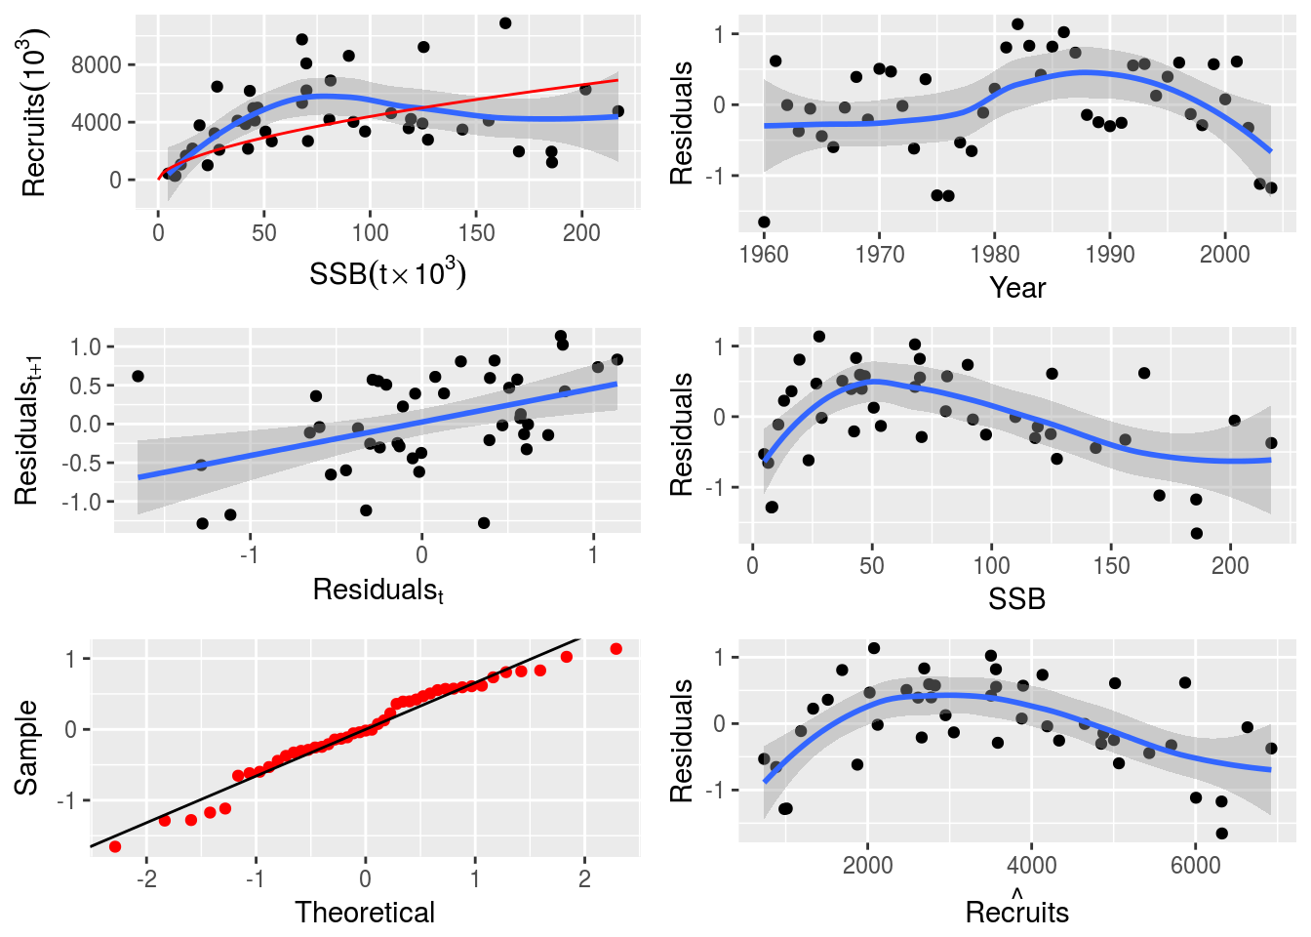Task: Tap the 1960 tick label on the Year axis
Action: click(764, 255)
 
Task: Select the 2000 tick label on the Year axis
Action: click(1224, 255)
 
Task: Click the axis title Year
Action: click(1017, 288)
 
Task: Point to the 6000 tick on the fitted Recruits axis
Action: click(1195, 866)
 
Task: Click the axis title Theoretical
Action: click(365, 913)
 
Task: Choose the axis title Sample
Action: click(26, 748)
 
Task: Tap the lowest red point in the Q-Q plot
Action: click(115, 846)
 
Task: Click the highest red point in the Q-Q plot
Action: click(616, 649)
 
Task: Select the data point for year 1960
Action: click(764, 223)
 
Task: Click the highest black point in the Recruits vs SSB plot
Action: click(505, 23)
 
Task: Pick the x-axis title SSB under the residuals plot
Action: click(1017, 599)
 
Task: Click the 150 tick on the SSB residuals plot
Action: click(1111, 565)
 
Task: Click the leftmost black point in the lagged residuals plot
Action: click(138, 376)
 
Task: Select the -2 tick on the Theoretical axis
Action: click(146, 878)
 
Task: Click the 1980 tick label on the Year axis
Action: click(994, 255)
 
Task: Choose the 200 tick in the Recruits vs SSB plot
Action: click(582, 232)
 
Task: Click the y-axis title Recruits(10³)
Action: click(34, 112)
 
